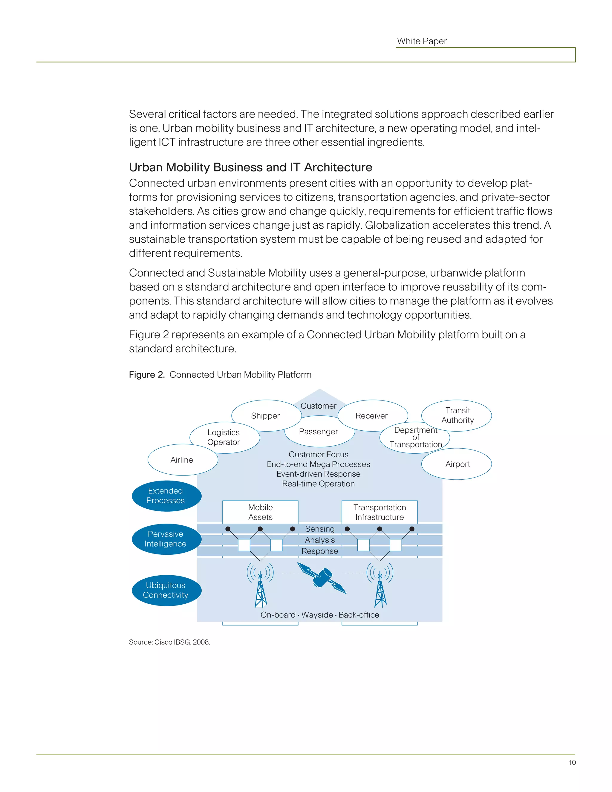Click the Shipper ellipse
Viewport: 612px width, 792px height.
[265, 416]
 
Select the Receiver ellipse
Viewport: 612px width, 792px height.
[372, 416]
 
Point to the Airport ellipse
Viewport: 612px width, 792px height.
[457, 464]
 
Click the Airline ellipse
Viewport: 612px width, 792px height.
[182, 460]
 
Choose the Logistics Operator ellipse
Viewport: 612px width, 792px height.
[224, 437]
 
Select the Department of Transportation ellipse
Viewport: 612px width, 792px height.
[415, 437]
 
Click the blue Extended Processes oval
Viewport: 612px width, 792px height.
[166, 496]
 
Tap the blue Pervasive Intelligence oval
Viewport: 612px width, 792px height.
[166, 539]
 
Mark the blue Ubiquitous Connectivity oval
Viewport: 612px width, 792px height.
[166, 590]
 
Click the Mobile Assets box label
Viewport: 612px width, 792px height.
[260, 512]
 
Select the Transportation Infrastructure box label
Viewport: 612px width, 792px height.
[380, 512]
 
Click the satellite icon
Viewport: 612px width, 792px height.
[322, 578]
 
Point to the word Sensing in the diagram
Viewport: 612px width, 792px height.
[319, 529]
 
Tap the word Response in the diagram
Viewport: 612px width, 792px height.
[319, 551]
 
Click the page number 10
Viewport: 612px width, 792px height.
[572, 762]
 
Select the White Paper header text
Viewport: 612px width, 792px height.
[422, 41]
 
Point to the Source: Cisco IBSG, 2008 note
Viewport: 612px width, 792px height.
[169, 642]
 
